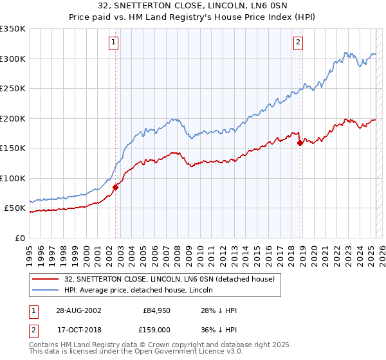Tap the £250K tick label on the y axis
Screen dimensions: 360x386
(13, 88)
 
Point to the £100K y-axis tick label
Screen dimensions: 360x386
(13, 178)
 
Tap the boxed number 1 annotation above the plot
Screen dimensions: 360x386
(113, 43)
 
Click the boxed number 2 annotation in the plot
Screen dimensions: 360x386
(299, 43)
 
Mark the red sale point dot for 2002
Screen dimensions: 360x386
(116, 187)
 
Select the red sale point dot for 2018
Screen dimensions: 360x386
(300, 143)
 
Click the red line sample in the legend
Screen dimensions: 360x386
(46, 279)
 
